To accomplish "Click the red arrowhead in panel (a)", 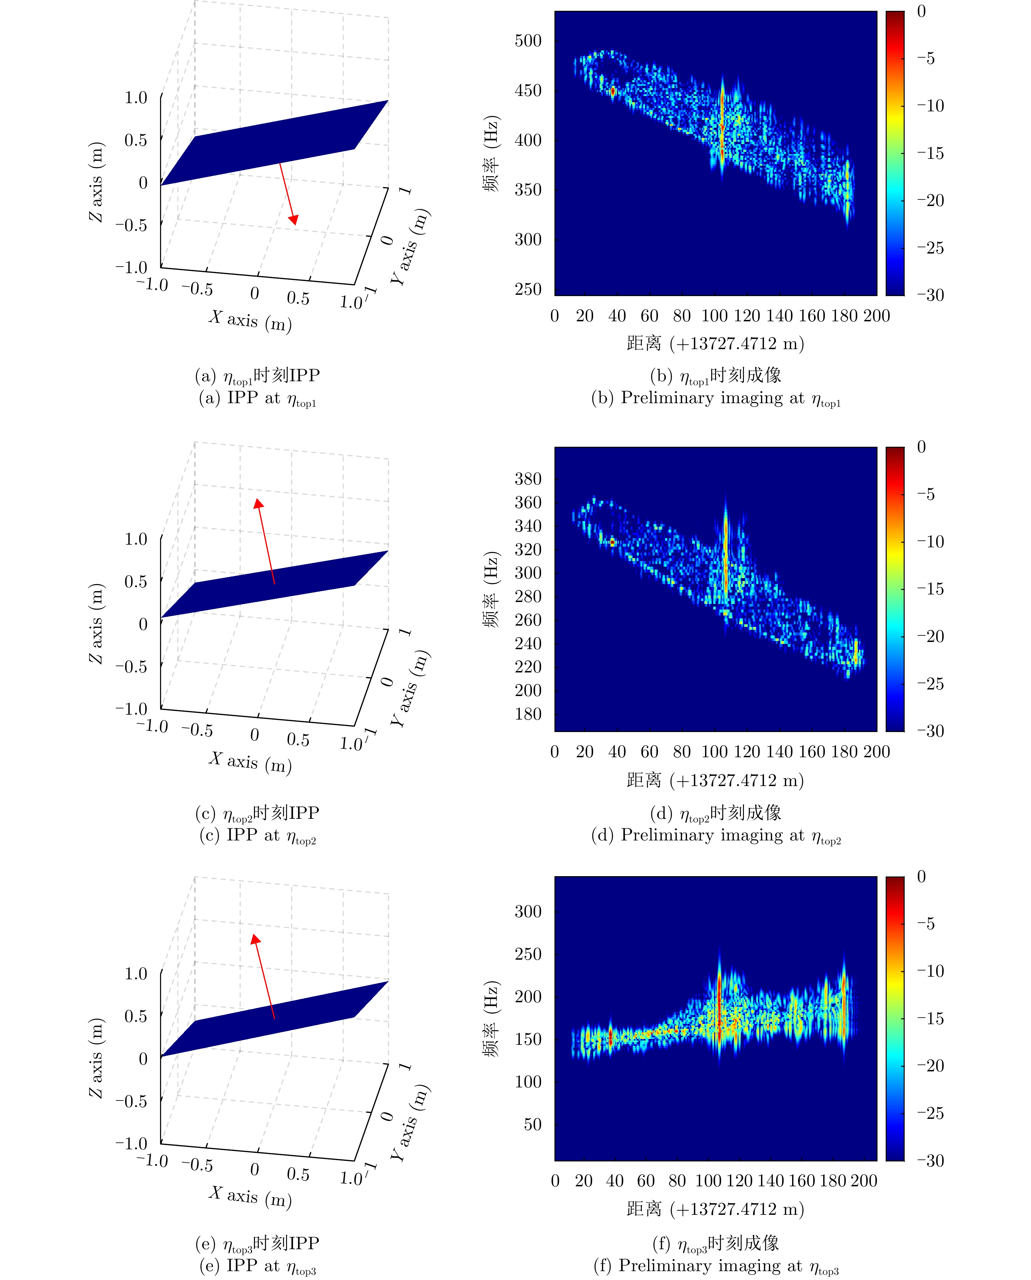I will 293,220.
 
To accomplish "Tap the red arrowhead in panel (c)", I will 258,504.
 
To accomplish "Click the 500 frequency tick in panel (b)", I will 528,41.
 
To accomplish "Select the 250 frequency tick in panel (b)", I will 528,290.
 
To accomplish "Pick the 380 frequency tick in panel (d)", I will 528,479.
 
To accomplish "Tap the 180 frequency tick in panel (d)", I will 528,714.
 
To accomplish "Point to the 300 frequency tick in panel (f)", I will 528,912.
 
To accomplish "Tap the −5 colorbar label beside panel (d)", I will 925,494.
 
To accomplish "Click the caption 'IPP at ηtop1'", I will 257,398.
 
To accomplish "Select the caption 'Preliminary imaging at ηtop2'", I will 715,836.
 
